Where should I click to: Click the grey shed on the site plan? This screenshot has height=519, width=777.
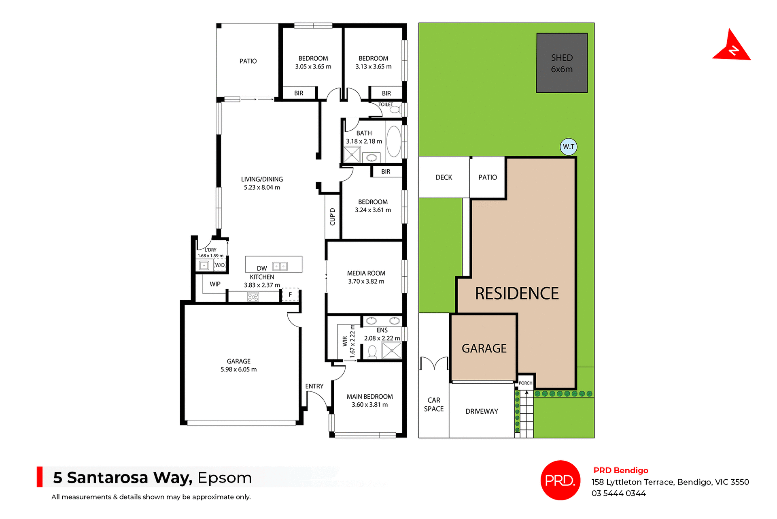(x=562, y=63)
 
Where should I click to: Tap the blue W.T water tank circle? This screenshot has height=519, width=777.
(x=568, y=147)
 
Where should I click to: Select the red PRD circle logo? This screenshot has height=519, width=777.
(x=560, y=480)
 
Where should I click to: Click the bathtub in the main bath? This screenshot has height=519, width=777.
(x=393, y=141)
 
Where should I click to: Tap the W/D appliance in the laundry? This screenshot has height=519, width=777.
(x=220, y=265)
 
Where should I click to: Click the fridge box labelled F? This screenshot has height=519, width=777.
(x=290, y=295)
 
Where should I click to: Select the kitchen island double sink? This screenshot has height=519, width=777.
(x=280, y=266)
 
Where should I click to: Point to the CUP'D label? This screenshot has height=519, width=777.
(x=332, y=217)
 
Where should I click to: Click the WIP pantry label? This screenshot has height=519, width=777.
(x=215, y=284)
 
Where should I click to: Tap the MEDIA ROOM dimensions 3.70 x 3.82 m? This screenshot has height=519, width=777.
(x=366, y=281)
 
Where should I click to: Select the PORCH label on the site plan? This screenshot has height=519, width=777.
(x=525, y=383)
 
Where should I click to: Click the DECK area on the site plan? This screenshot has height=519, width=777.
(x=444, y=177)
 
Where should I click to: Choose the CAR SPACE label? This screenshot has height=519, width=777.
(x=434, y=404)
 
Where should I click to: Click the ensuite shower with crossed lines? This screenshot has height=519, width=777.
(x=391, y=350)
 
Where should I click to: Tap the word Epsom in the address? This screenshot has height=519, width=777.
(x=225, y=478)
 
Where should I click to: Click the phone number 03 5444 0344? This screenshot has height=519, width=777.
(x=618, y=493)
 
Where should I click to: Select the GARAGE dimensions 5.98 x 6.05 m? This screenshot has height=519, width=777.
(x=238, y=369)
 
